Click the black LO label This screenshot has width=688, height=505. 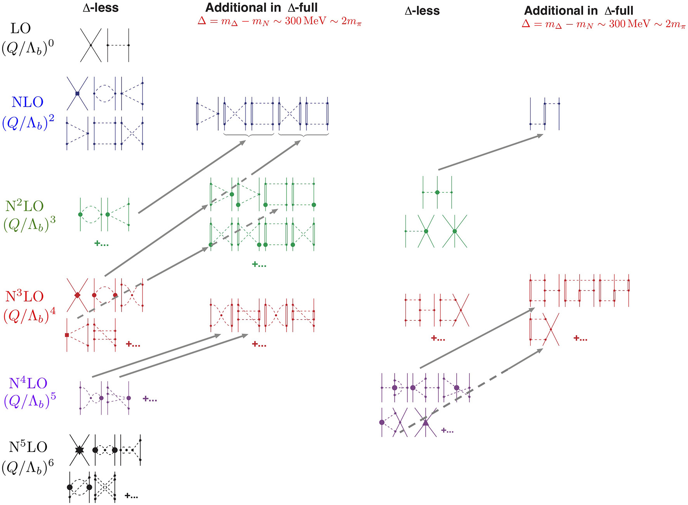tap(21, 28)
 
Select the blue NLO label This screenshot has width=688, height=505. tap(27, 102)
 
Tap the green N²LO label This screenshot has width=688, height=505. tap(24, 206)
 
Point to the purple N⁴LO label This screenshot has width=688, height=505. tap(28, 383)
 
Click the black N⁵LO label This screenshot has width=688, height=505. tap(28, 447)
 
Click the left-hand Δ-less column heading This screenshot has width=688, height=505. tap(101, 8)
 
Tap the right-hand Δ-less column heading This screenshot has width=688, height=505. tap(422, 11)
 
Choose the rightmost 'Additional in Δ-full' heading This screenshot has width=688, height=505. tap(579, 10)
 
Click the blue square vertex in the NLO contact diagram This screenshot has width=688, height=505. tap(77, 93)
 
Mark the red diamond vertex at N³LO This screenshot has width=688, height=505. tap(77, 295)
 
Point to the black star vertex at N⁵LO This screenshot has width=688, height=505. tap(79, 450)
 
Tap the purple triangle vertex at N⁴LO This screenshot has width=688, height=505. tap(426, 422)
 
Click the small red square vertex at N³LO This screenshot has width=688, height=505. tap(67, 335)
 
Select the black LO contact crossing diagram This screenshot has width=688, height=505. tap(91, 45)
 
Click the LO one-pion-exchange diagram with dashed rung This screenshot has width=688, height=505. tap(118, 45)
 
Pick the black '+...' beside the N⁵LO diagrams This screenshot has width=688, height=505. tap(131, 496)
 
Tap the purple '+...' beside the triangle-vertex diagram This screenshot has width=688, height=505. tap(447, 431)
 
